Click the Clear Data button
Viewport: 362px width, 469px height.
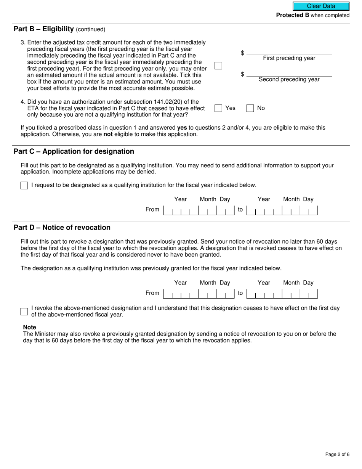pos(321,6)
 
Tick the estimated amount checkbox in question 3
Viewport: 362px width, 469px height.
pos(218,66)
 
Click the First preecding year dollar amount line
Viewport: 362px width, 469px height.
pos(289,52)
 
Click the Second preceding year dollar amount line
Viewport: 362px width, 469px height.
pos(289,74)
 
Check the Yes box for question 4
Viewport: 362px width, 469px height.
pos(218,108)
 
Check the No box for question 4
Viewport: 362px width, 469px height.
pos(250,108)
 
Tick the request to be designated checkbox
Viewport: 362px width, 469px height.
pos(24,186)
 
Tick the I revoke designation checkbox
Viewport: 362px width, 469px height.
pos(24,312)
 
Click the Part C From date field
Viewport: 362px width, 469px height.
pos(198,210)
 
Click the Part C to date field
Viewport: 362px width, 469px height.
pos(282,210)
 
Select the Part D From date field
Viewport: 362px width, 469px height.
pos(198,294)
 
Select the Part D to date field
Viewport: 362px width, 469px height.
pos(282,294)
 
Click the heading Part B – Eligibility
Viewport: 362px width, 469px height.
pos(43,29)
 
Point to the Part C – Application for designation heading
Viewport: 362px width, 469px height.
pos(74,151)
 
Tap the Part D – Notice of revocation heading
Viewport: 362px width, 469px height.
pos(62,228)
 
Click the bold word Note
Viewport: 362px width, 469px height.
pos(30,327)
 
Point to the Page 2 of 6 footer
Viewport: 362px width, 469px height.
pos(337,454)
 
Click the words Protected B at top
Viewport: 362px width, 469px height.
pos(292,15)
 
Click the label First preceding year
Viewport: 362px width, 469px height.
pos(289,58)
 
